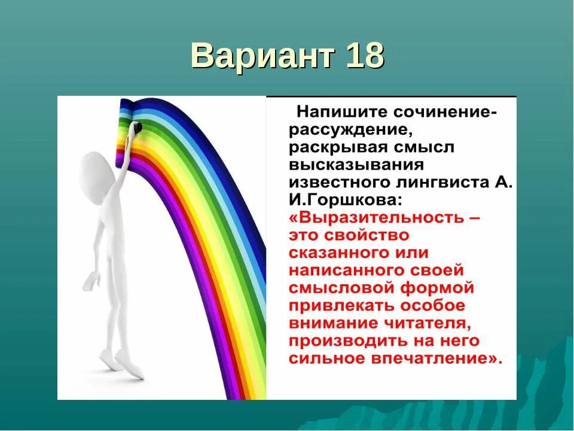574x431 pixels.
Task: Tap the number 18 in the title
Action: [x=364, y=57]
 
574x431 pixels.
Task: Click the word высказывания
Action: [x=347, y=165]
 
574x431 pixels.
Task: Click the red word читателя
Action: [x=431, y=323]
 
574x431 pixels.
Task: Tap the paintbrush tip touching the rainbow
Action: [x=137, y=128]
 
